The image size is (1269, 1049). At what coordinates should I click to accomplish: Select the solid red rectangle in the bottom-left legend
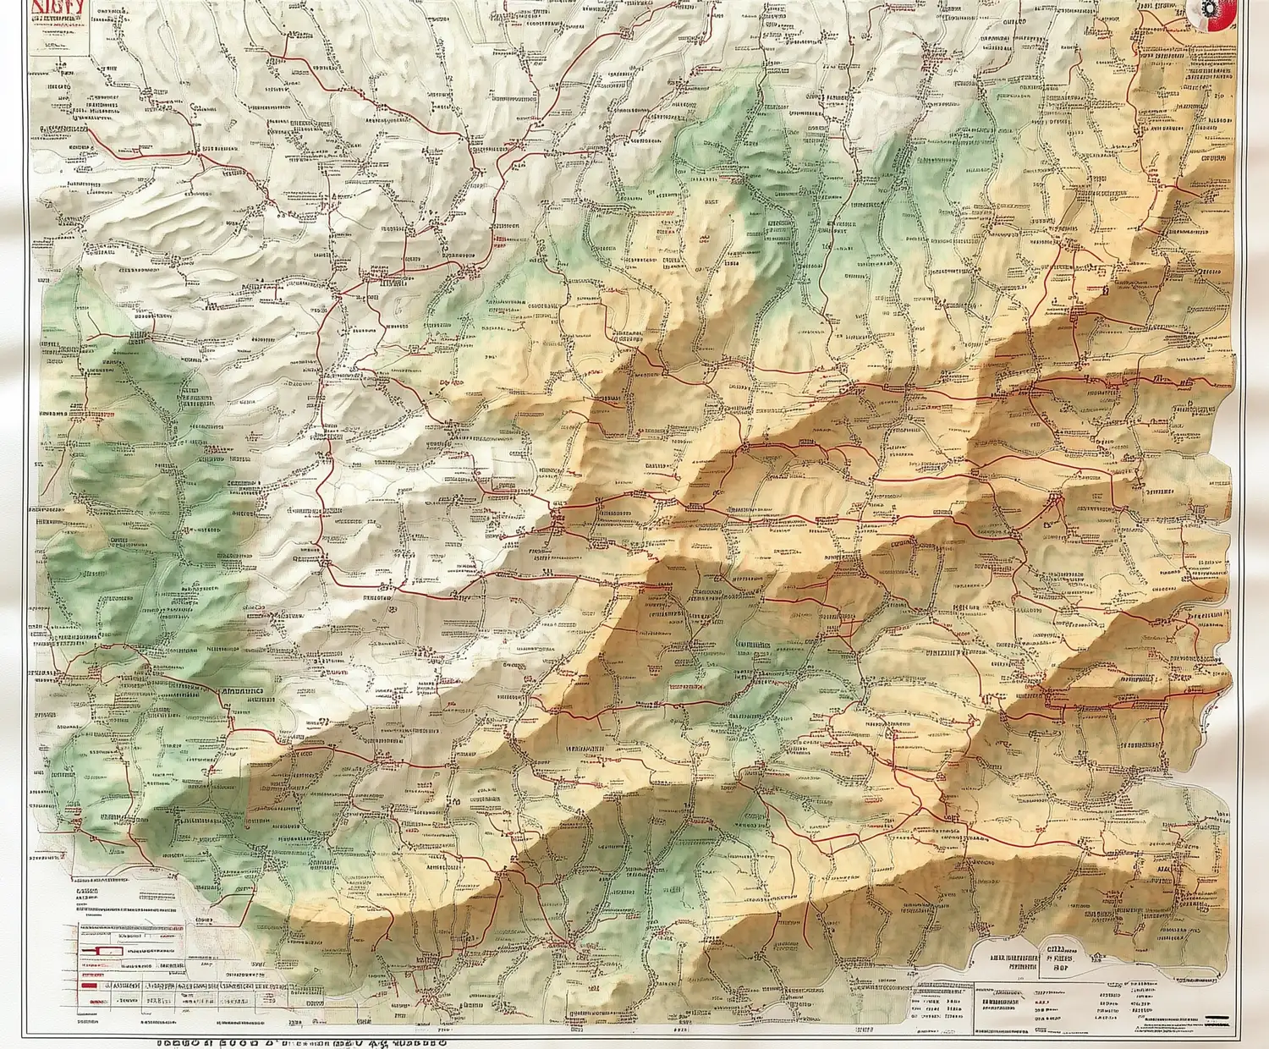point(88,985)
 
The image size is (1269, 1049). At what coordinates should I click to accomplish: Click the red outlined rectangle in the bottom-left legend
point(100,953)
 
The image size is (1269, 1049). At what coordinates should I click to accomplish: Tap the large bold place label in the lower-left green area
point(241,690)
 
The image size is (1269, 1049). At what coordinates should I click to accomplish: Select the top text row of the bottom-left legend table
point(127,928)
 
